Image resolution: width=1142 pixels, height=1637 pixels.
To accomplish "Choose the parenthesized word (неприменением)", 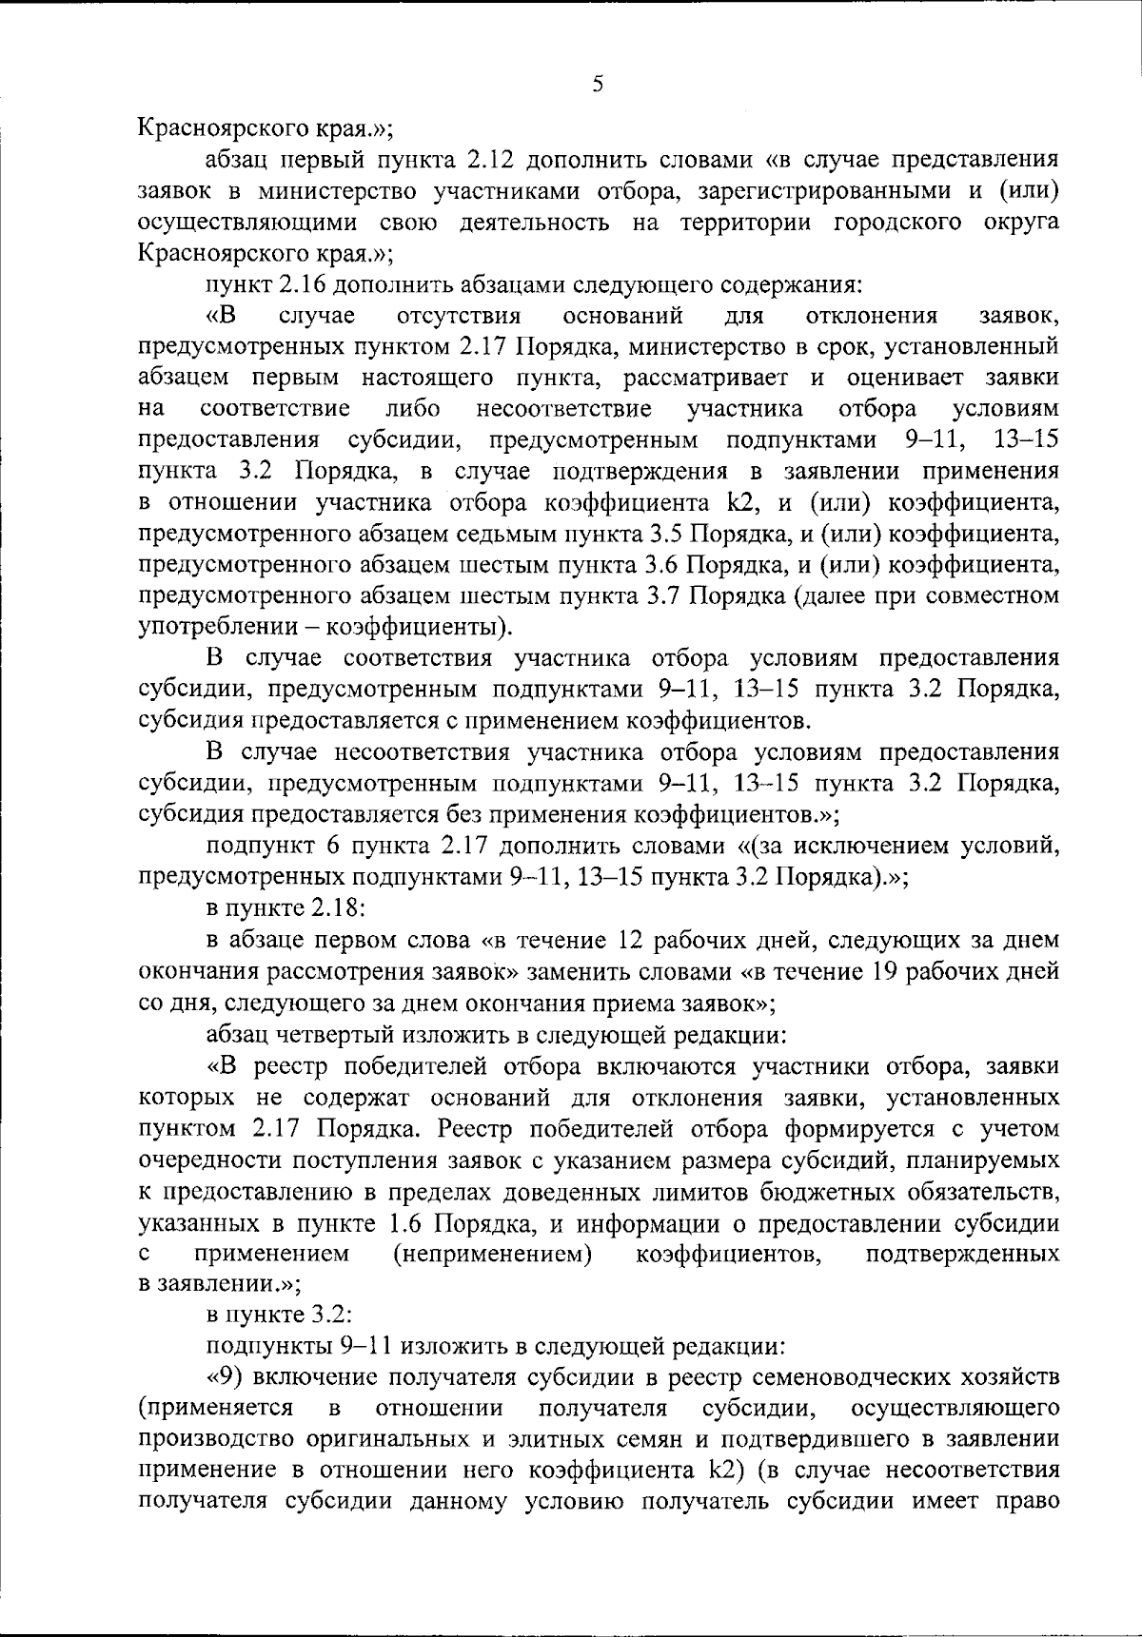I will tap(492, 1254).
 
